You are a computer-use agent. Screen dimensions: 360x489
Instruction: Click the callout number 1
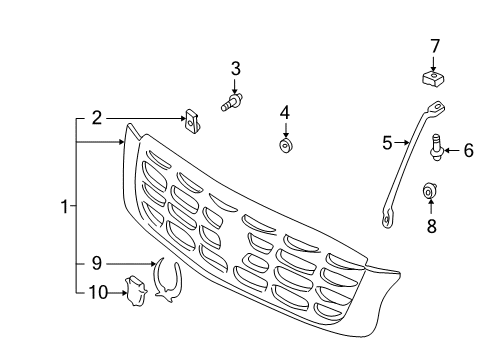coord(63,208)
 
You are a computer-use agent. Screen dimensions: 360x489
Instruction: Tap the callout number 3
coord(236,69)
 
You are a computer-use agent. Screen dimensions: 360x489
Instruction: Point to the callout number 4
coord(285,112)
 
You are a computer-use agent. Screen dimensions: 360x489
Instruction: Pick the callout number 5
coord(388,143)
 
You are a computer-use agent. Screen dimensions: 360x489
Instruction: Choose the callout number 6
coord(467,151)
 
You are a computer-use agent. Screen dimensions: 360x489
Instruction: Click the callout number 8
coord(431,226)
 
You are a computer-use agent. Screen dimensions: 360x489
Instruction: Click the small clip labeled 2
coord(192,121)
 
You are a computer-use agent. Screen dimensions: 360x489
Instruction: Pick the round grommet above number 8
coord(431,188)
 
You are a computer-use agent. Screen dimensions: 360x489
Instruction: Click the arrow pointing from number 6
coord(452,151)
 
